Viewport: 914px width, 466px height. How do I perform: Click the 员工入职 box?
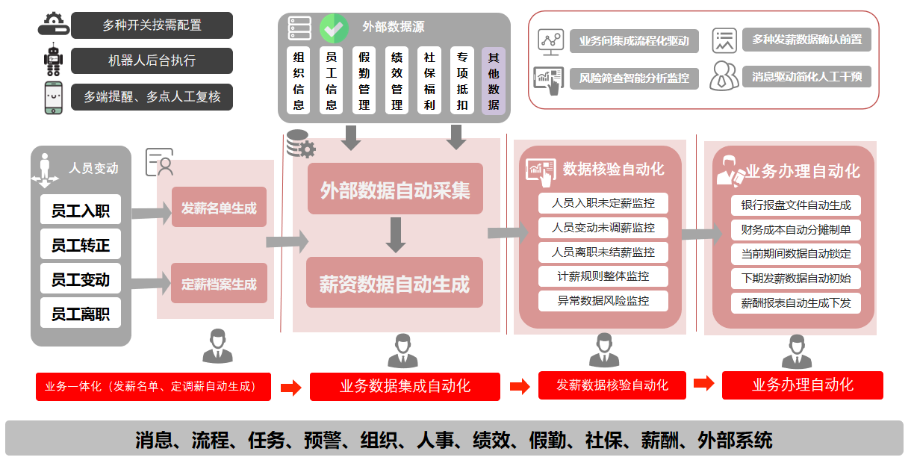(x=81, y=211)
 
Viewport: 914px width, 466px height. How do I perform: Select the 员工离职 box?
(x=81, y=314)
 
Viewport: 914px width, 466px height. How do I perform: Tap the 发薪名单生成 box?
(x=219, y=208)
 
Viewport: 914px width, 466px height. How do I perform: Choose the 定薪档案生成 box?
(x=219, y=284)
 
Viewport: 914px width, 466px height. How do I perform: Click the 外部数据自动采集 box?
(x=395, y=190)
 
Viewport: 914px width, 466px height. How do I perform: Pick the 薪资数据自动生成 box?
(x=395, y=284)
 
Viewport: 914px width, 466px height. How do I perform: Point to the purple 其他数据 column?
(x=494, y=81)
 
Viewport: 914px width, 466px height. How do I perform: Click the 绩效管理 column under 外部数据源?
(x=397, y=81)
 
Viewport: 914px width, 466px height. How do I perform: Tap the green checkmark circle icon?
(x=335, y=28)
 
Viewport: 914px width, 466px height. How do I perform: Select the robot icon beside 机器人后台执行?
(x=53, y=60)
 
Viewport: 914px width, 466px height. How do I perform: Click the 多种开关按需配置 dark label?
(x=152, y=25)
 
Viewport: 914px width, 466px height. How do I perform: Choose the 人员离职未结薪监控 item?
(x=603, y=252)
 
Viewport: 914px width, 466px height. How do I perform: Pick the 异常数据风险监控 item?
(x=603, y=301)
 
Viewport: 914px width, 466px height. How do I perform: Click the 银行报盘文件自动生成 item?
(x=796, y=205)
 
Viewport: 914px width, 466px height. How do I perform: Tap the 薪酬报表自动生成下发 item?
(x=796, y=303)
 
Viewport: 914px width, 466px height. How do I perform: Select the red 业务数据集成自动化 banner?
(x=405, y=386)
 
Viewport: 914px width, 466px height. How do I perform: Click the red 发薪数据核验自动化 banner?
(x=612, y=385)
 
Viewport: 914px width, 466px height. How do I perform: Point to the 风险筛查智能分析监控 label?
(x=634, y=77)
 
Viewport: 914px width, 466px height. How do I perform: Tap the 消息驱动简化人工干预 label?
(x=806, y=76)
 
